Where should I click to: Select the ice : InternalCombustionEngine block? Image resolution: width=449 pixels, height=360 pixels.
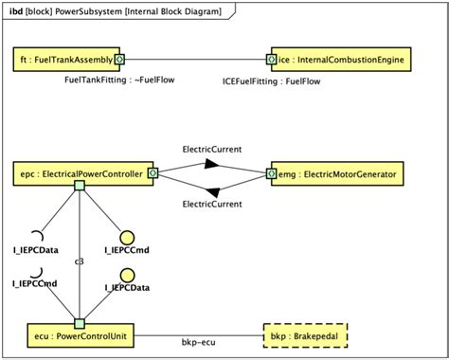click(x=343, y=60)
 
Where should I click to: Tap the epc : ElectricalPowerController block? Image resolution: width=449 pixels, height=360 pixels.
click(x=81, y=173)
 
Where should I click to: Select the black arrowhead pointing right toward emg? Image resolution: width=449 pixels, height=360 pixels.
click(x=212, y=164)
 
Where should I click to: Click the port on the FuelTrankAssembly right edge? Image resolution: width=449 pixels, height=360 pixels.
click(x=119, y=60)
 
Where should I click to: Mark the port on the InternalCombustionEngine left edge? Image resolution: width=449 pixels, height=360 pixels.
click(x=272, y=60)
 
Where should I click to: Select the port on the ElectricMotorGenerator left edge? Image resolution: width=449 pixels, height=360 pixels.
click(x=272, y=173)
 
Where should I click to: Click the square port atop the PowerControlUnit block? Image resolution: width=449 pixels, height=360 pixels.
click(x=80, y=323)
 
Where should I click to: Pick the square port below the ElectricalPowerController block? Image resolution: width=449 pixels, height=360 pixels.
click(x=80, y=187)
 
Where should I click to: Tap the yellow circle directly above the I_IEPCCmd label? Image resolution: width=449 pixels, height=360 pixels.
click(x=126, y=238)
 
